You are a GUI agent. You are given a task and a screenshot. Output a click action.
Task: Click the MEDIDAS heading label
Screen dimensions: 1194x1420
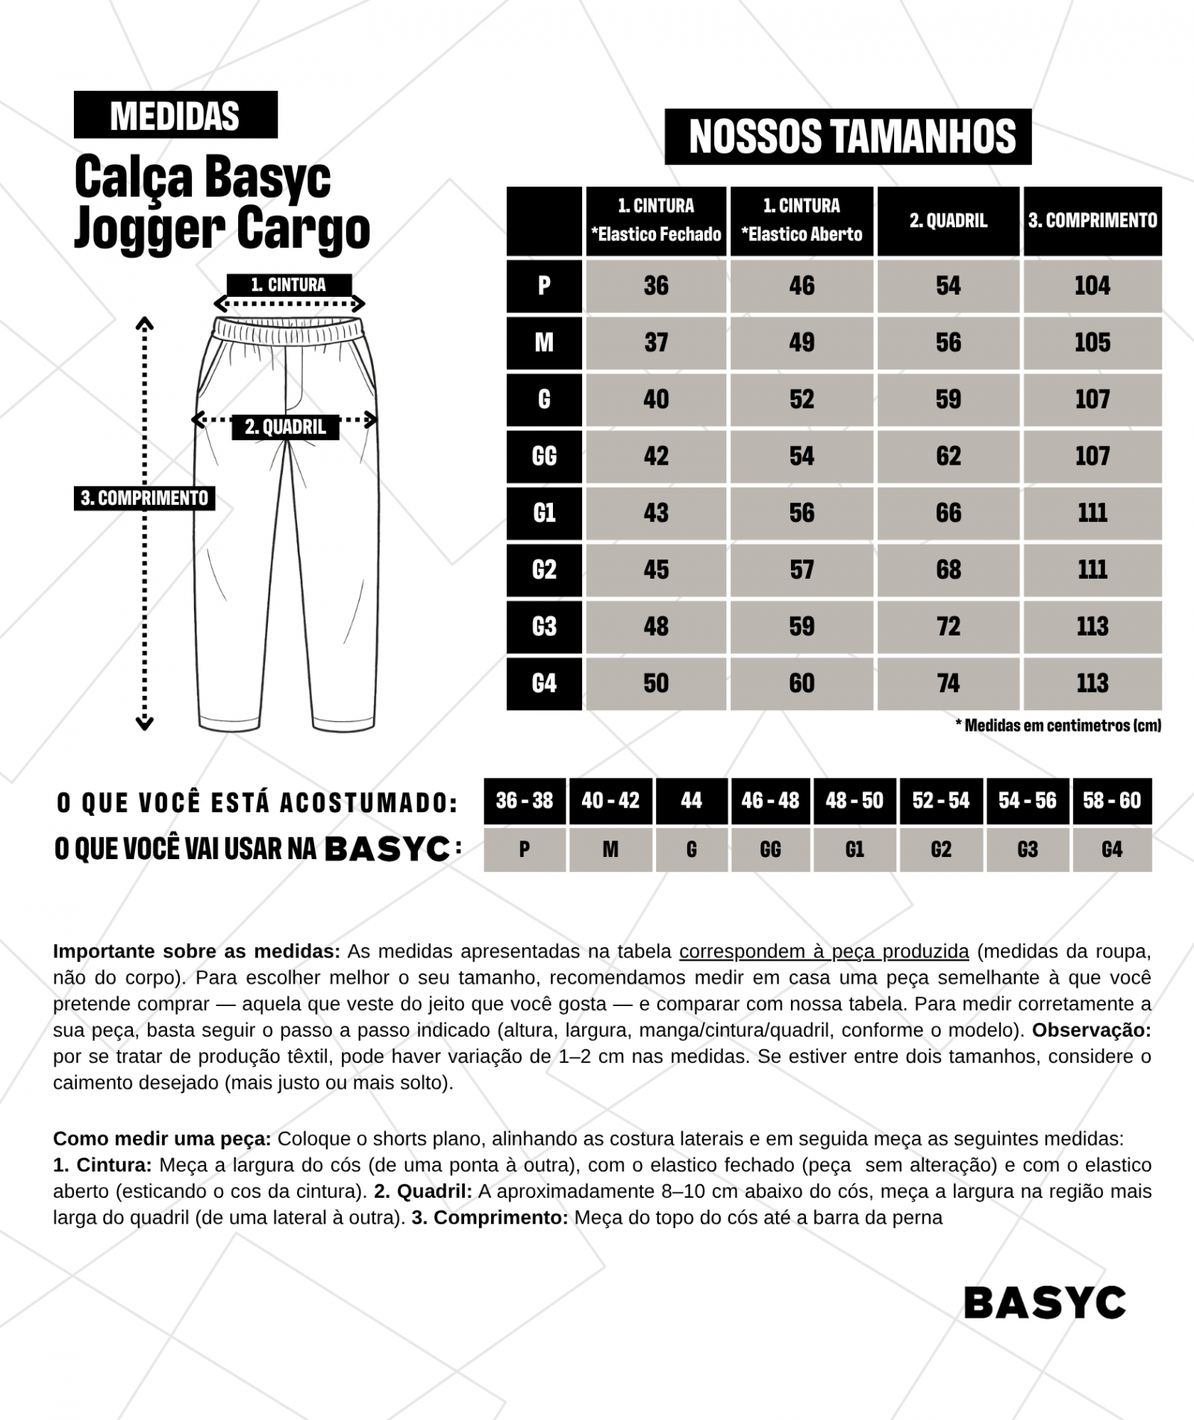click(x=175, y=115)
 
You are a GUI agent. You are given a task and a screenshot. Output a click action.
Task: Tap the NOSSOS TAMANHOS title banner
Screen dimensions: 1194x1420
click(x=848, y=136)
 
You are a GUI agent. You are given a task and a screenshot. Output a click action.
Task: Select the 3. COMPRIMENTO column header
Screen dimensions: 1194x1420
click(x=1093, y=221)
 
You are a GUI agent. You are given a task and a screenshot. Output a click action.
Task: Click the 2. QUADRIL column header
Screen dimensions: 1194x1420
click(x=948, y=221)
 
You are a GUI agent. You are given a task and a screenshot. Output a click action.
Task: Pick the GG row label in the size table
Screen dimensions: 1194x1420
click(x=544, y=456)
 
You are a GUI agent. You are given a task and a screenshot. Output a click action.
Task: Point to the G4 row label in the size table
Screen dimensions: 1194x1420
click(x=544, y=683)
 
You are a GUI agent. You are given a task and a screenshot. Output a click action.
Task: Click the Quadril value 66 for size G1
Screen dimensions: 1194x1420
click(x=948, y=513)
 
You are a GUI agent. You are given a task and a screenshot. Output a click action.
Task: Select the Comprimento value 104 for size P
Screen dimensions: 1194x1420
click(x=1093, y=286)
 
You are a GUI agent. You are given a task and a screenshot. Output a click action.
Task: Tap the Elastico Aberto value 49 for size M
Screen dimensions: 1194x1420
click(x=801, y=342)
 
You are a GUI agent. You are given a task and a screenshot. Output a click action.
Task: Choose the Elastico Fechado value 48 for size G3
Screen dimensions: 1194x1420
click(x=656, y=626)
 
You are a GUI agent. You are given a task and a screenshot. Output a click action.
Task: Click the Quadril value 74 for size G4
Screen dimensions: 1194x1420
click(x=948, y=683)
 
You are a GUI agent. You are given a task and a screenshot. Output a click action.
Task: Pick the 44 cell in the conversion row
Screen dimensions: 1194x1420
click(x=691, y=801)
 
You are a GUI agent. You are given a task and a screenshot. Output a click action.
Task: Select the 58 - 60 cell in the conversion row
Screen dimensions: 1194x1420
click(x=1112, y=801)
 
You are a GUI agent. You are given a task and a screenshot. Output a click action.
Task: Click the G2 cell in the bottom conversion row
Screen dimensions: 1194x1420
click(x=941, y=849)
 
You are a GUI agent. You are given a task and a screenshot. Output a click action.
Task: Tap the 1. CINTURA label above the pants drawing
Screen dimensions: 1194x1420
click(x=289, y=285)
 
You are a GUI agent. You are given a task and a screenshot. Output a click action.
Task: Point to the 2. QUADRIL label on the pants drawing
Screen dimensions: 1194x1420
click(x=285, y=427)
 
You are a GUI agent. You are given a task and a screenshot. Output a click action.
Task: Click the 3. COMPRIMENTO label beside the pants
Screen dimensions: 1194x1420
click(x=145, y=497)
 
